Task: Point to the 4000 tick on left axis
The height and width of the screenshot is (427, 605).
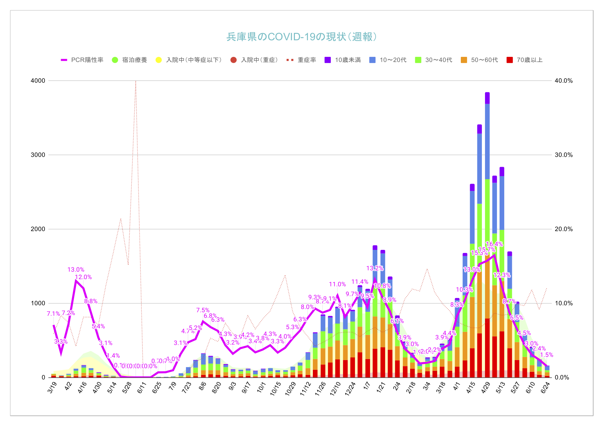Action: coord(38,81)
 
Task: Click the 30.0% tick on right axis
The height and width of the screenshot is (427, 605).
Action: coord(564,155)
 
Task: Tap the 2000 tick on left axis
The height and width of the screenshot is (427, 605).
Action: coord(38,229)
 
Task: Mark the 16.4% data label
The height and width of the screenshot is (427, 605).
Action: coord(494,244)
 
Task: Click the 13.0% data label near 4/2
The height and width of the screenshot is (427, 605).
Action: coord(76,270)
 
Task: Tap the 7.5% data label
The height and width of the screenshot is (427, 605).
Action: coord(203,310)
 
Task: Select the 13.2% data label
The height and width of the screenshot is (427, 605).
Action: coord(375,268)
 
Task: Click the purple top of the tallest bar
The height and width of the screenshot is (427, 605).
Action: coord(487,98)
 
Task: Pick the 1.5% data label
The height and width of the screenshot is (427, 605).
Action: coord(546,355)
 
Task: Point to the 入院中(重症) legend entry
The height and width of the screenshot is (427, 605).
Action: coord(259,60)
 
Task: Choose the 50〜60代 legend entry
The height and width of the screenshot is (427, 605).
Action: coord(484,60)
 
